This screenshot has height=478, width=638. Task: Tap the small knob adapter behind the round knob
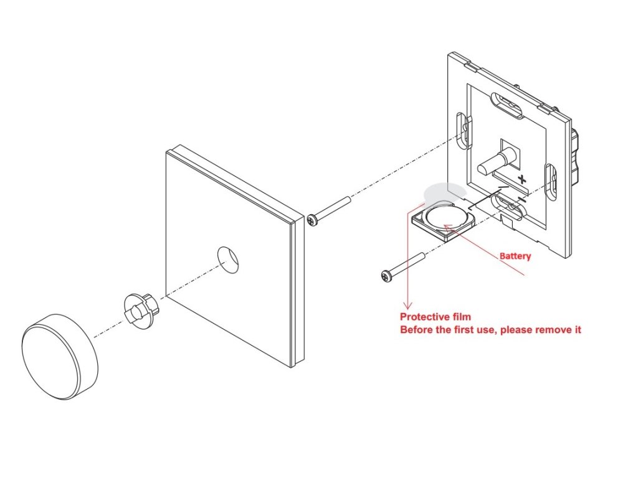click(140, 307)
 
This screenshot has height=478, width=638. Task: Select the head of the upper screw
click(313, 220)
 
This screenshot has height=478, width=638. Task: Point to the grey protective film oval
click(443, 192)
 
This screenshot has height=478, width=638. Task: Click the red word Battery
click(515, 256)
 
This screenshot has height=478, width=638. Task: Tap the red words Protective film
click(435, 317)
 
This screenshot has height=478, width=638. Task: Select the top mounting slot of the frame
click(507, 106)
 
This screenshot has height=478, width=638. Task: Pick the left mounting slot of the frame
click(464, 131)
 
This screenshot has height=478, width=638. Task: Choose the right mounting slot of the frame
click(550, 181)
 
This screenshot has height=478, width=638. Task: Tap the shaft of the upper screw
click(333, 209)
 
